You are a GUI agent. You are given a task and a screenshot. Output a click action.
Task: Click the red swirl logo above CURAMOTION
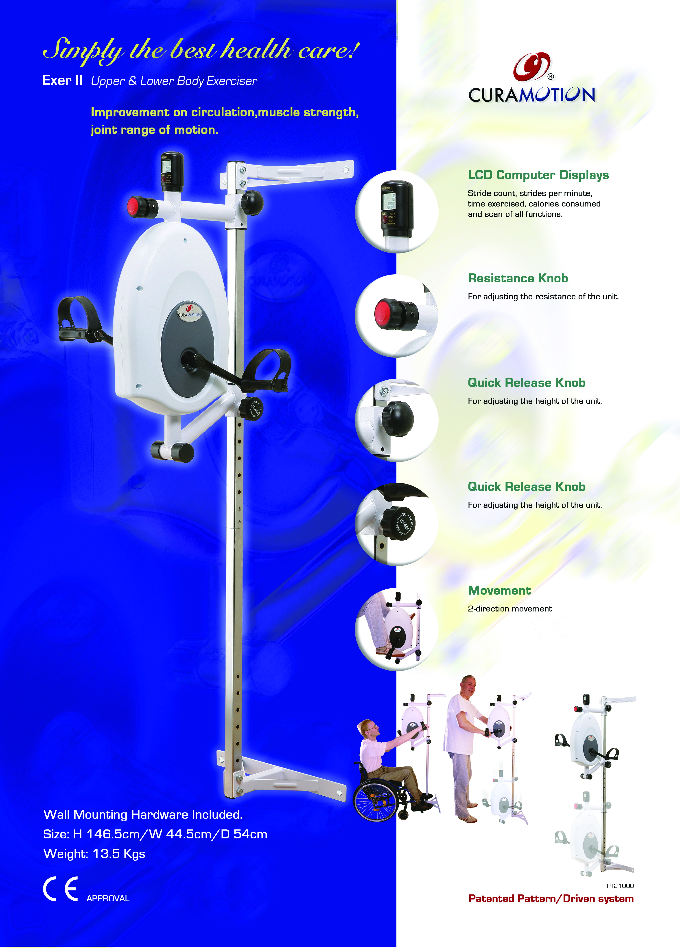(x=531, y=67)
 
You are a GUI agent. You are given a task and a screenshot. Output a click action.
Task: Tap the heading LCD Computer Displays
(x=538, y=175)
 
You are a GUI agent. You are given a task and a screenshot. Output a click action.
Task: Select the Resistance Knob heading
(x=518, y=278)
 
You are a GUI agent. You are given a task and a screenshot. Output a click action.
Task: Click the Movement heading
(x=499, y=591)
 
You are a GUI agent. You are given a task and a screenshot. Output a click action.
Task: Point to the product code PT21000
(x=620, y=886)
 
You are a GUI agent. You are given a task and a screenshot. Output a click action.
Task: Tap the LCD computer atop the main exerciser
(x=172, y=172)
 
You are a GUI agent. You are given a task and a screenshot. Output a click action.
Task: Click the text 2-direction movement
(x=510, y=609)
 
